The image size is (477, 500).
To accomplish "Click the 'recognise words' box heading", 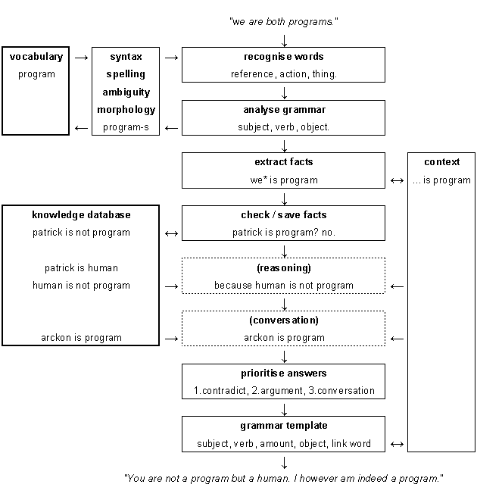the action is (284, 57).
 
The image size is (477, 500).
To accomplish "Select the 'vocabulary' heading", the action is (36, 57).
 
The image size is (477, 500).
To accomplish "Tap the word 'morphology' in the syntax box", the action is (126, 110).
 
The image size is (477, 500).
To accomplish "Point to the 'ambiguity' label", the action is (126, 92).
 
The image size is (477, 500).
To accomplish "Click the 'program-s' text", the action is (126, 127).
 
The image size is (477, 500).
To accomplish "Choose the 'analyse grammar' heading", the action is (284, 110).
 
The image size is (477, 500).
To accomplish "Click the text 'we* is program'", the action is (284, 180).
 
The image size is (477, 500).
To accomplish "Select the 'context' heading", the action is (442, 162).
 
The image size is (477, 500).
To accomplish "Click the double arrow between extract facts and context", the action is (397, 181).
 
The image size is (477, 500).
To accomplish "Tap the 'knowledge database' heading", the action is (81, 215).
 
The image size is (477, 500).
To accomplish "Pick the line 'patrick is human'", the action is (81, 268).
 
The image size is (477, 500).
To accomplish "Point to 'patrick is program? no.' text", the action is (284, 233).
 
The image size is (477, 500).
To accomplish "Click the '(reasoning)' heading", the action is (284, 268).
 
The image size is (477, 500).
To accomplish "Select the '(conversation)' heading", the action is (284, 320).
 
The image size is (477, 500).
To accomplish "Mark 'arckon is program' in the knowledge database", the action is (81, 338).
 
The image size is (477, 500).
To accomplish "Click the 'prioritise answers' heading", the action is (284, 373).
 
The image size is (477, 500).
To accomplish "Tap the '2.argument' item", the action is (277, 391).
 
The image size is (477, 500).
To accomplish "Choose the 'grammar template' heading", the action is (284, 426).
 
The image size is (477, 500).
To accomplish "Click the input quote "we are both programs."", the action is (284, 22).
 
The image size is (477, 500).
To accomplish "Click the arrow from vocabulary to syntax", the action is (81, 58).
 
